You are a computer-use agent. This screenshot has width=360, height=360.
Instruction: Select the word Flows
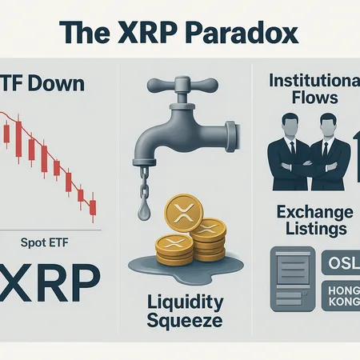click(314, 100)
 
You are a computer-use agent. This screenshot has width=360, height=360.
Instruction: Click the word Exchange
click(314, 213)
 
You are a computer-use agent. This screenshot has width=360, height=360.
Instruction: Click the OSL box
click(340, 263)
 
